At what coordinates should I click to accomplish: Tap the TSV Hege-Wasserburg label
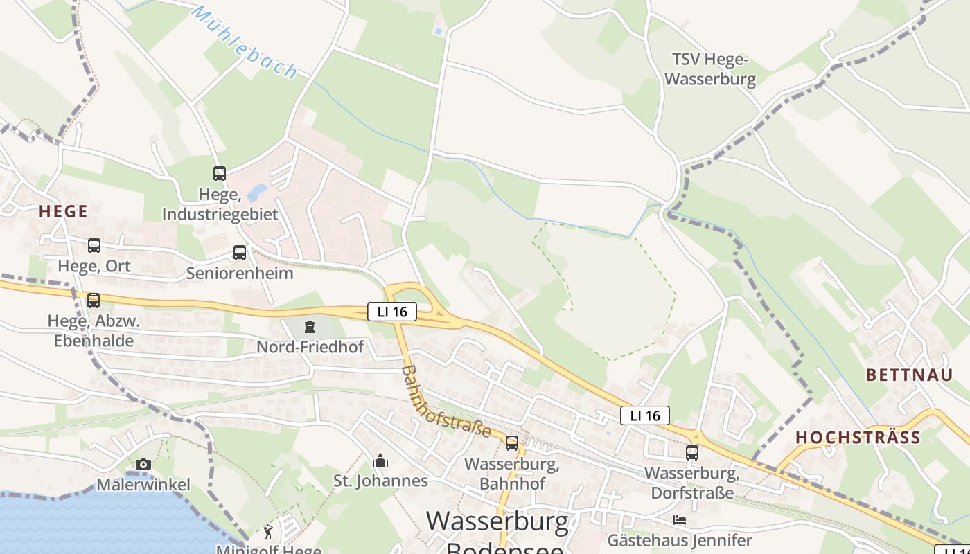pyautogui.click(x=710, y=69)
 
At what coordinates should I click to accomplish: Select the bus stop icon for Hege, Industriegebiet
pyautogui.click(x=220, y=174)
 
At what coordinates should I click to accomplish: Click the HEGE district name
pyautogui.click(x=63, y=211)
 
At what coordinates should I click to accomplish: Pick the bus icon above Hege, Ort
pyautogui.click(x=94, y=246)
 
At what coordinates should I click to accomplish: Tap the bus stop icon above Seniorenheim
pyautogui.click(x=240, y=253)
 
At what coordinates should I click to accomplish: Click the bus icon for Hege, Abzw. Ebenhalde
pyautogui.click(x=93, y=301)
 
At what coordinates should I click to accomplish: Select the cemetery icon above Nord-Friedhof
pyautogui.click(x=310, y=326)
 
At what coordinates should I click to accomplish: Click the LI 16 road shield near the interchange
pyautogui.click(x=391, y=312)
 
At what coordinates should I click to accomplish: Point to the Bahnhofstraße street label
pyautogui.click(x=446, y=402)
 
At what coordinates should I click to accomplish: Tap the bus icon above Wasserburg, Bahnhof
pyautogui.click(x=512, y=443)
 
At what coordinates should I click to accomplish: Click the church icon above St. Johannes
pyautogui.click(x=380, y=461)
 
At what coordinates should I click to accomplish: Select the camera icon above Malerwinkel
pyautogui.click(x=143, y=464)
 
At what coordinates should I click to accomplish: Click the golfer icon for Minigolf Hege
pyautogui.click(x=268, y=532)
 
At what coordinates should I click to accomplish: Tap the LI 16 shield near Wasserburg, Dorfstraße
pyautogui.click(x=644, y=415)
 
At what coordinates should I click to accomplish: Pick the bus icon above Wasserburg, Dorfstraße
pyautogui.click(x=691, y=453)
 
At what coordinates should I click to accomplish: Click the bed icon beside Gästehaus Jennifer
pyautogui.click(x=679, y=519)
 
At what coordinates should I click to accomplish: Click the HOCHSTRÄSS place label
pyautogui.click(x=858, y=437)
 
